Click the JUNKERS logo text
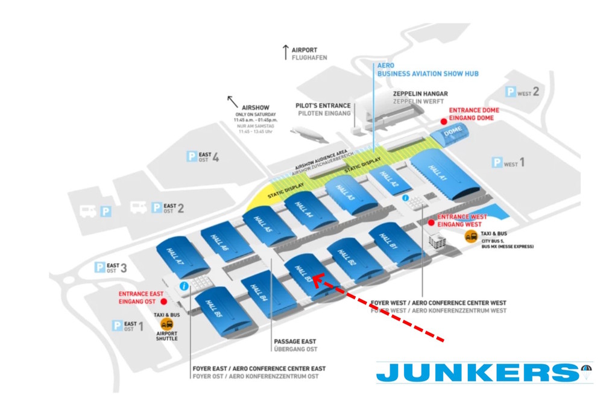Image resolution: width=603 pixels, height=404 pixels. (x=476, y=373)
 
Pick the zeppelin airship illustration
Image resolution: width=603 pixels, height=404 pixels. (x=309, y=133)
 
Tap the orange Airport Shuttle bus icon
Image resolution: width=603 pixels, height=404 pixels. (x=166, y=325)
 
